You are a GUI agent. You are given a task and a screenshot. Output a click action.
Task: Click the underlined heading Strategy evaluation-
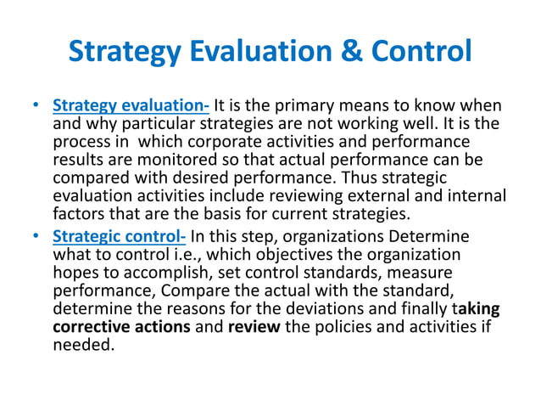coord(131,107)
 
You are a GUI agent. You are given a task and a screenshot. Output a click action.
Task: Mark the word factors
coord(80,212)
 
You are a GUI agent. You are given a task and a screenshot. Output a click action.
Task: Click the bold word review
coord(252,326)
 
